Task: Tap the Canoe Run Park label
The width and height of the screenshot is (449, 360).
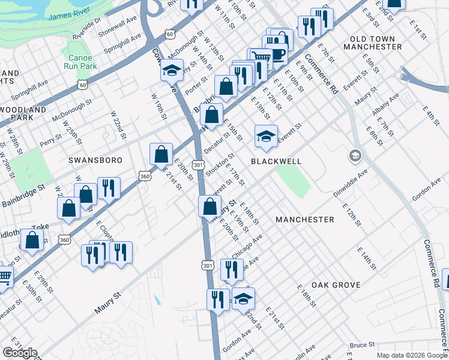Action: [79, 62]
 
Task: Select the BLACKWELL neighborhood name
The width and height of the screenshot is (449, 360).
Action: [276, 161]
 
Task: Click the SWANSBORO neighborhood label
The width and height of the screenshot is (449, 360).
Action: [95, 160]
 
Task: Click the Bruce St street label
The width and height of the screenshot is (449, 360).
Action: [363, 345]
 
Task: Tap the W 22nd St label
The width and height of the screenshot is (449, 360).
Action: [118, 125]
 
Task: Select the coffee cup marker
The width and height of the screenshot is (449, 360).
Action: [278, 55]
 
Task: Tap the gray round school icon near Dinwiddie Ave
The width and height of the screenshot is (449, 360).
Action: [355, 156]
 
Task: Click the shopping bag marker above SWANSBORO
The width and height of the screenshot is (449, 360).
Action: [161, 154]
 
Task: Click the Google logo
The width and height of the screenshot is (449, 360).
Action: [19, 353]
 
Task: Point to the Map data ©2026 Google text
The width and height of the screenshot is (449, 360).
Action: [412, 355]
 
